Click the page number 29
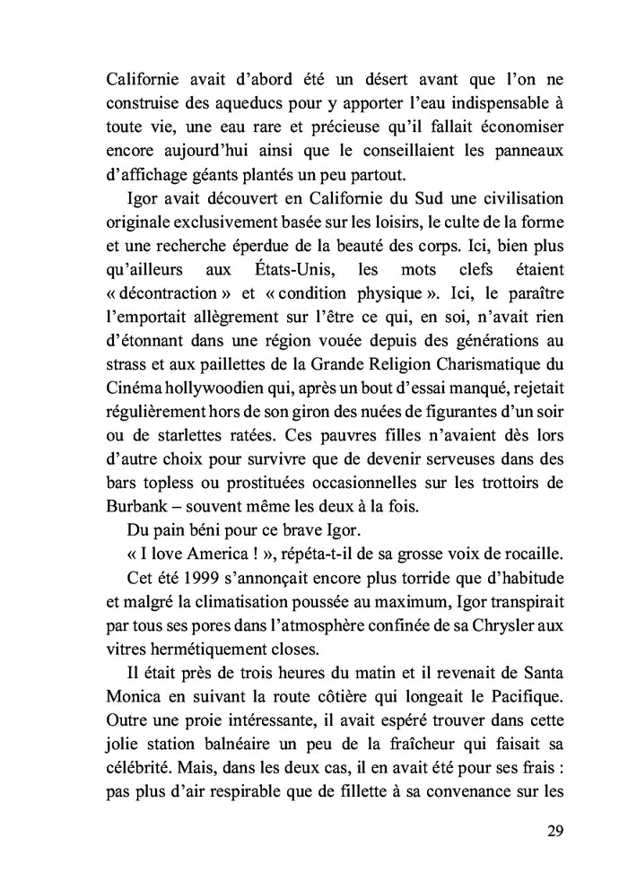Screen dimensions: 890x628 pos(554,828)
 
